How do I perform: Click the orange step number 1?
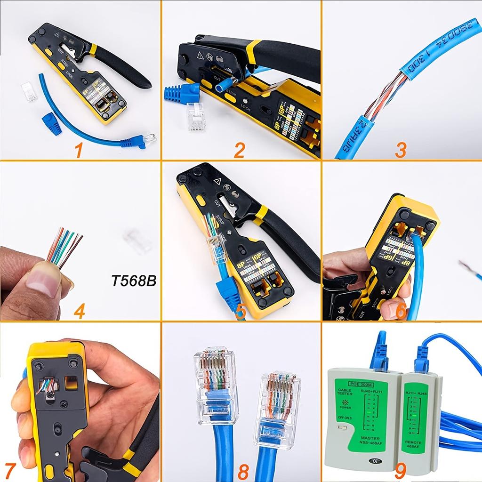(x=78, y=150)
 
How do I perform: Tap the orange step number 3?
(x=401, y=150)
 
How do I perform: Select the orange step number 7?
(x=10, y=469)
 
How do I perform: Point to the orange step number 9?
(x=401, y=469)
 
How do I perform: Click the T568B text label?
(x=134, y=281)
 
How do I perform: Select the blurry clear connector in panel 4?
(x=137, y=241)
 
